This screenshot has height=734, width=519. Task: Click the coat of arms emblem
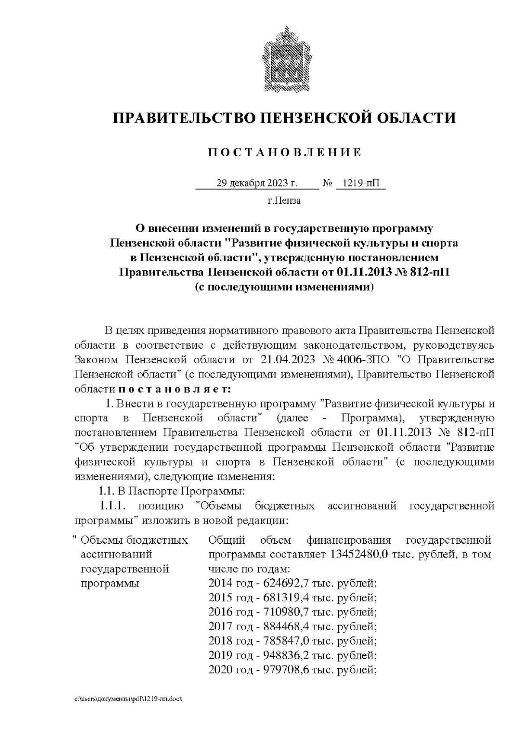[x=284, y=60]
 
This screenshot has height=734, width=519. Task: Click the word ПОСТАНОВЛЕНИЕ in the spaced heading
[x=284, y=153]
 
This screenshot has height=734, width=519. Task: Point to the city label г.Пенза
[x=284, y=201]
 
